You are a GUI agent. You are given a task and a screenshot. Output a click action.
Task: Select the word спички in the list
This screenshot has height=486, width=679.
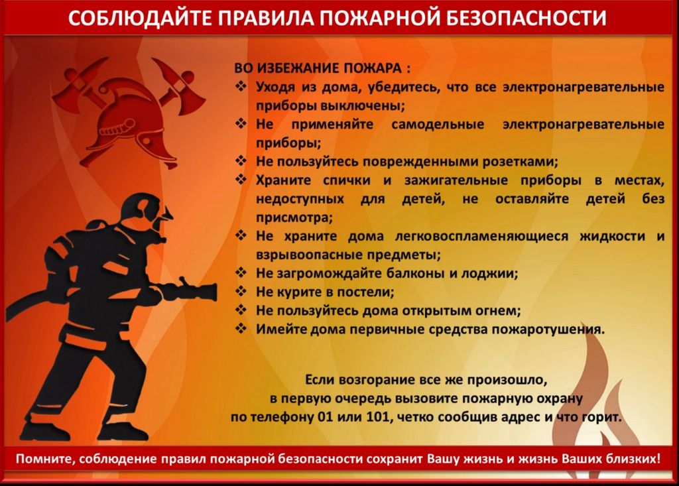point(347,180)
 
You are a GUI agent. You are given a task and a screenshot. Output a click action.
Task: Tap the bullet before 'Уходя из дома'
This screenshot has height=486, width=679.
point(241,86)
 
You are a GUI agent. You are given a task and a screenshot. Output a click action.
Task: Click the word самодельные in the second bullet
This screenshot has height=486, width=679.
point(438,124)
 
